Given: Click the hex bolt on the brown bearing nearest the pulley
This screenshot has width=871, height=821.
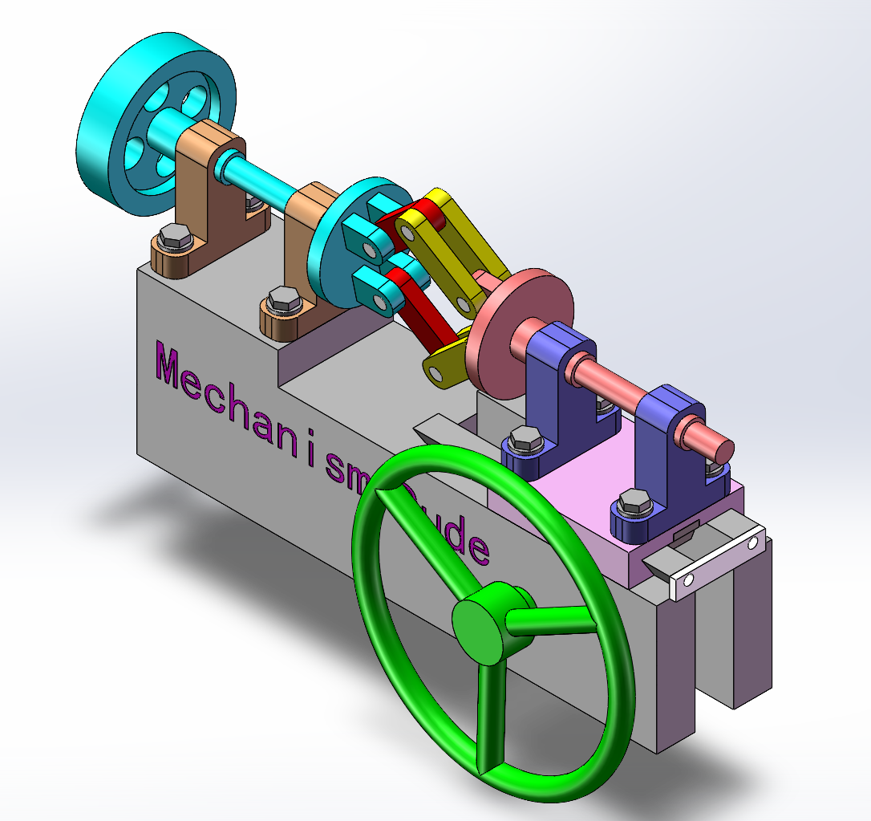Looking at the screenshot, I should click(x=173, y=237).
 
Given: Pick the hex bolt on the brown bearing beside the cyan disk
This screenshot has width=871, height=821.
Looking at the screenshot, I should click(x=282, y=299).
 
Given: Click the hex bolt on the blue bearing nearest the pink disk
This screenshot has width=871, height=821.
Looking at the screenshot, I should click(x=524, y=441).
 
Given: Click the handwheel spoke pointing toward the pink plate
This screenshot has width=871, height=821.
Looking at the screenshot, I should click(x=549, y=619).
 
